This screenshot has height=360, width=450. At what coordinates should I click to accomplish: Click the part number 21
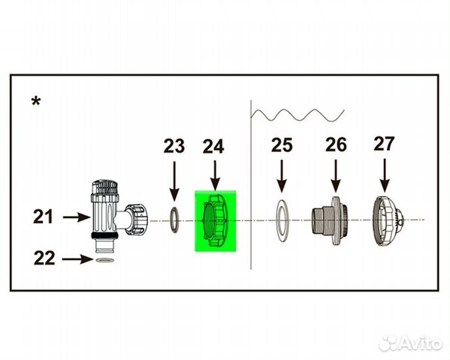click(x=43, y=217)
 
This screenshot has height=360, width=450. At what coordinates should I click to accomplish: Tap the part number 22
click(x=44, y=259)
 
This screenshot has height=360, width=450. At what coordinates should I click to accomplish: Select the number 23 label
click(x=174, y=147)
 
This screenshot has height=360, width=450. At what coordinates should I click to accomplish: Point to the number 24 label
click(x=213, y=147)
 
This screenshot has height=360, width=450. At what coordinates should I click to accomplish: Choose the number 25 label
click(x=282, y=145)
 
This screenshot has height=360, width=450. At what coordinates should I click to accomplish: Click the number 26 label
click(x=336, y=145)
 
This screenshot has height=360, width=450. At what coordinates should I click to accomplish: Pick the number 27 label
click(x=384, y=144)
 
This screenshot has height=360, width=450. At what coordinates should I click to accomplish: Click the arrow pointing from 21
click(x=77, y=217)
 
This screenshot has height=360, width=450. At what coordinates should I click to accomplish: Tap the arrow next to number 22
click(x=77, y=259)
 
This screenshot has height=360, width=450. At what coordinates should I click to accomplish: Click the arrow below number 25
click(x=282, y=176)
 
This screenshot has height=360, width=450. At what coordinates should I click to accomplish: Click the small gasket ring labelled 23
click(x=173, y=220)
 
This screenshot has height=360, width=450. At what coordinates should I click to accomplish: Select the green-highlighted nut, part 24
click(x=215, y=221)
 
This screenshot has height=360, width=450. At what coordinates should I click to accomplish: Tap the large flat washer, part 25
click(x=283, y=221)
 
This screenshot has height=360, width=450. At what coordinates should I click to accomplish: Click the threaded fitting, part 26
click(x=330, y=221)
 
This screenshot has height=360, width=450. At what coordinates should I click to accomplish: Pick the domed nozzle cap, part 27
click(x=387, y=221)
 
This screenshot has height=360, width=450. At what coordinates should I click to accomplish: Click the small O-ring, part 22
click(x=105, y=260)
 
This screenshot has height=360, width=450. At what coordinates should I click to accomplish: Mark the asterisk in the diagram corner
click(x=36, y=101)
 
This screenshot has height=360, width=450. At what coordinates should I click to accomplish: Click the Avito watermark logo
click(x=411, y=343)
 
